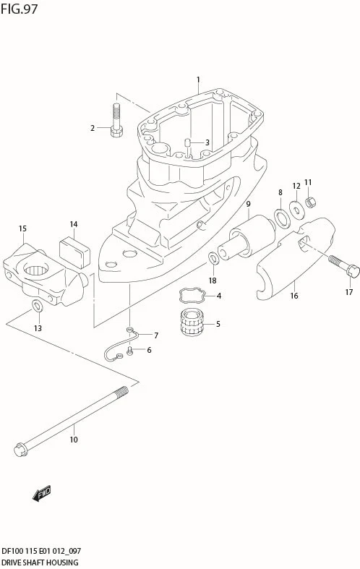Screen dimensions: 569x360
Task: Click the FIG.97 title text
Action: (x=20, y=9)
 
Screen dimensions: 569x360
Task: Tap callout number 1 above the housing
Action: (x=197, y=80)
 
